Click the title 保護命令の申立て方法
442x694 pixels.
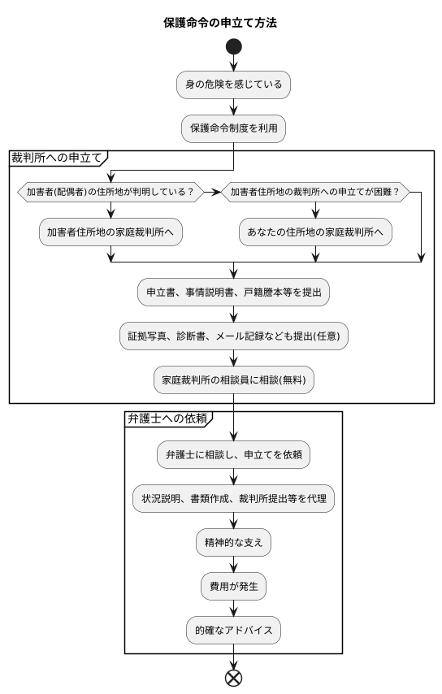click(x=220, y=23)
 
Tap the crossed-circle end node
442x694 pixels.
click(x=233, y=678)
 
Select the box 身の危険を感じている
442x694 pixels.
click(x=233, y=85)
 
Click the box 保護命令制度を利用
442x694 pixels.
click(x=233, y=128)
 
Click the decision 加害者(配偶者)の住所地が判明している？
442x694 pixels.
click(x=110, y=193)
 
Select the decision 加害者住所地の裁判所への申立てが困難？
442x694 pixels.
click(x=314, y=193)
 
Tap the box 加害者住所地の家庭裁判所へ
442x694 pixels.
click(x=110, y=232)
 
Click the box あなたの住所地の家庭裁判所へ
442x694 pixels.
click(x=314, y=232)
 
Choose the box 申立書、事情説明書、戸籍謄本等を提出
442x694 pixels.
click(x=233, y=293)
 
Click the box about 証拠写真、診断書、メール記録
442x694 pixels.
click(x=233, y=336)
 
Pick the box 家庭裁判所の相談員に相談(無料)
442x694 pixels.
click(x=233, y=380)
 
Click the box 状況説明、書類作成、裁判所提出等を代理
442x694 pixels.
click(x=233, y=498)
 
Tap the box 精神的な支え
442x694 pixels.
click(x=233, y=542)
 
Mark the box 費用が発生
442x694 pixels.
click(x=233, y=585)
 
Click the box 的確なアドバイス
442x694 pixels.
click(x=233, y=628)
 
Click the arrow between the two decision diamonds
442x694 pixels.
click(x=214, y=193)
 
